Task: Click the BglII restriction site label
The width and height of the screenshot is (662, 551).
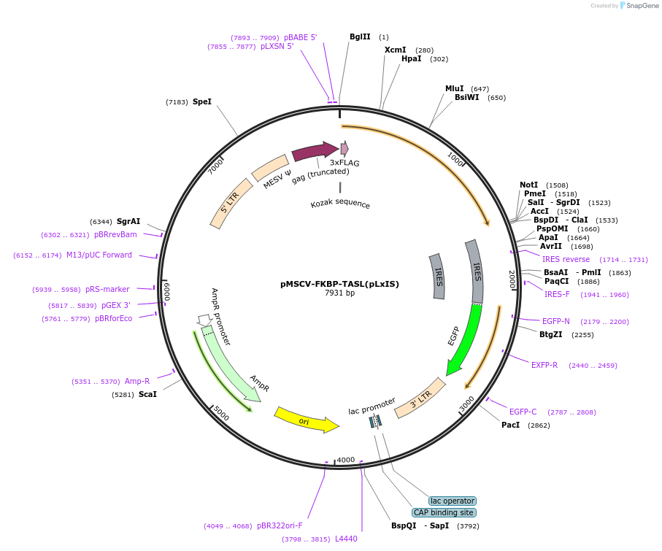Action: click(360, 36)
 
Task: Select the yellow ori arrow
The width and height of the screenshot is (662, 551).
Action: click(306, 420)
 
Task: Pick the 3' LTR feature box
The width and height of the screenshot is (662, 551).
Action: click(420, 398)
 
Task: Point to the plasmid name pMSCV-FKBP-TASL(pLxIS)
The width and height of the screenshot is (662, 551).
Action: click(339, 284)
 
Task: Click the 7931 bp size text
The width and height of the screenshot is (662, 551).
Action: click(339, 293)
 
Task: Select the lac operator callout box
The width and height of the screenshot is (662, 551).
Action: click(452, 501)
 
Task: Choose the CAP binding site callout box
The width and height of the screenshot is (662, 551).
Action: click(444, 512)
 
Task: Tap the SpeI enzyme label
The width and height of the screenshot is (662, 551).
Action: click(202, 102)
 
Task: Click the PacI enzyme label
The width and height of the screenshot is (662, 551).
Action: click(511, 425)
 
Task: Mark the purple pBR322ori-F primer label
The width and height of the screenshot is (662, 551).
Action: click(279, 525)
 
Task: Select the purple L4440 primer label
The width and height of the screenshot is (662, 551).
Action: click(346, 539)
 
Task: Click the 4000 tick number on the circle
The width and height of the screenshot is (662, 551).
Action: click(345, 460)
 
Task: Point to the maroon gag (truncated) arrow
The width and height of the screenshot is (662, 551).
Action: click(315, 152)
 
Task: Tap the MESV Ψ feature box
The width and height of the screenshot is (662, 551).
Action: click(270, 168)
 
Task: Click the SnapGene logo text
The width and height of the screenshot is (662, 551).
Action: click(642, 6)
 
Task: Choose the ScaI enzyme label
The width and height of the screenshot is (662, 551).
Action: click(147, 394)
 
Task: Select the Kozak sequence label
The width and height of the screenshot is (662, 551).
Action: click(340, 204)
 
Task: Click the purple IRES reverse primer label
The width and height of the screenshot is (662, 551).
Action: click(566, 259)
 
